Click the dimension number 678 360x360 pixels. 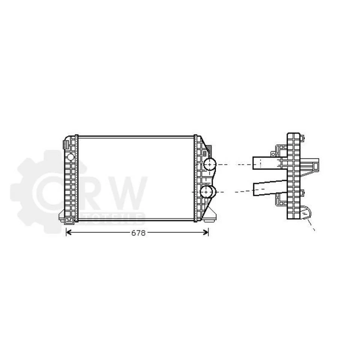[x=138, y=233]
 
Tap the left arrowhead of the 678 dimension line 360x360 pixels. [x=68, y=232]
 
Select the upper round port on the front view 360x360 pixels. [x=209, y=164]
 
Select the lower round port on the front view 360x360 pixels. [x=207, y=192]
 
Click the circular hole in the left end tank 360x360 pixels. [x=70, y=157]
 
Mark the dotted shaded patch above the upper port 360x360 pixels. [x=209, y=152]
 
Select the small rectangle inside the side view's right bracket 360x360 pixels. [x=315, y=165]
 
